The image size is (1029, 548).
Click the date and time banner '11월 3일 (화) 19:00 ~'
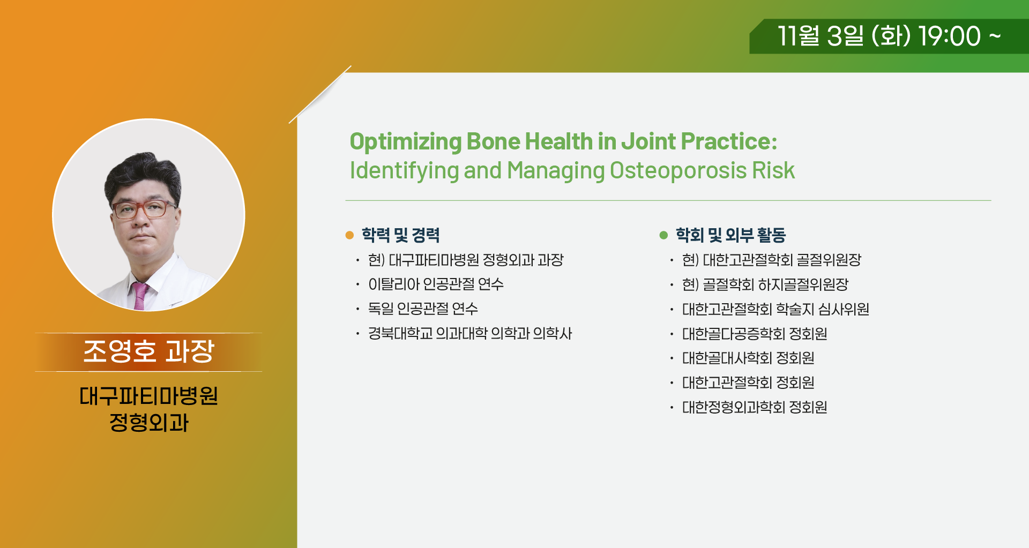889,36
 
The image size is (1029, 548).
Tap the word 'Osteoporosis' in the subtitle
678,170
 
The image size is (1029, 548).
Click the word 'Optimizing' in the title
406,142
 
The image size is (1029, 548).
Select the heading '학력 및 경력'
401,235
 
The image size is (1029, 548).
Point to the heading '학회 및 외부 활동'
730,235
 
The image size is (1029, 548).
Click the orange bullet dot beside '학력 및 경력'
349,235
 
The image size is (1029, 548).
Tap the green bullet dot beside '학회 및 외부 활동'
663,235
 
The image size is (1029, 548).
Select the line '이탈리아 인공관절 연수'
436,284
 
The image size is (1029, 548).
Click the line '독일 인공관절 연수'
423,309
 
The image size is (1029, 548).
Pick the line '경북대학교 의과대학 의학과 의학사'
470,333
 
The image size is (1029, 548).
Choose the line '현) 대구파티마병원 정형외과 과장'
466,260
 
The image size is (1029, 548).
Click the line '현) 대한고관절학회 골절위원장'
772,260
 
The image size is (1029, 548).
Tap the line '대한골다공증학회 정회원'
755,334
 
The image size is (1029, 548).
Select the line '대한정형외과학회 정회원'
755,407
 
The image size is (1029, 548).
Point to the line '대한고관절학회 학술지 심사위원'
776,309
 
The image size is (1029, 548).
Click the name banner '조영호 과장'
148,352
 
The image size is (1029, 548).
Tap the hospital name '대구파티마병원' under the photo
148,396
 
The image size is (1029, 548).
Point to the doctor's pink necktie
140,296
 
